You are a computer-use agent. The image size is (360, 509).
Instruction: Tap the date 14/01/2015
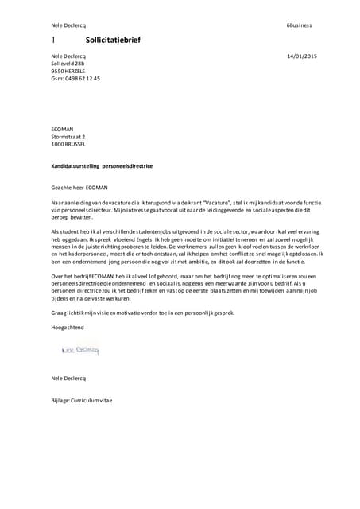(301, 56)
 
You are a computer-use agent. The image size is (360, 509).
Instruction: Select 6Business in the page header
(300, 25)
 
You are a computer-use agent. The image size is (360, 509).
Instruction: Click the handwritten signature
(79, 349)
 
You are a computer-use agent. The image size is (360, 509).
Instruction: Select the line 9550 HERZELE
(68, 71)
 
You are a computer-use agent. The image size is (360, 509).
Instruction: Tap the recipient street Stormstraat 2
(68, 137)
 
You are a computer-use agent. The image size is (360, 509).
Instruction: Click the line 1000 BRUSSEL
(68, 144)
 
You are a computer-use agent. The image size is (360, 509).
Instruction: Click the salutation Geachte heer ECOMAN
(78, 188)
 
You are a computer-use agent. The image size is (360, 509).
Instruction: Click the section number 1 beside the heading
(53, 38)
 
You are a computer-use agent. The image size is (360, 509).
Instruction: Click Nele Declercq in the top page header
(68, 25)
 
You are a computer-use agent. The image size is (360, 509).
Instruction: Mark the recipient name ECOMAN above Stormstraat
(63, 130)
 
